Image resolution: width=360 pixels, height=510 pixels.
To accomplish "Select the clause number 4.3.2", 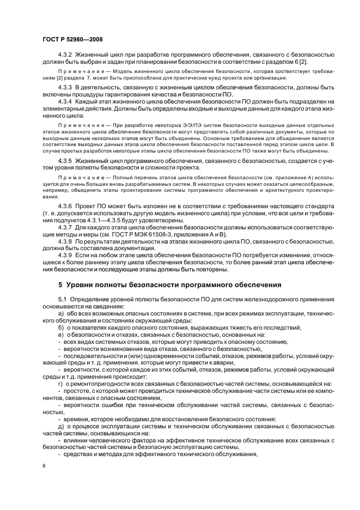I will [x=65, y=56].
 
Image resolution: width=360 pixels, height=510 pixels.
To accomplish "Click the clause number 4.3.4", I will [x=65, y=101].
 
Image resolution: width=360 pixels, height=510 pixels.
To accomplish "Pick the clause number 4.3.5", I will [x=65, y=161].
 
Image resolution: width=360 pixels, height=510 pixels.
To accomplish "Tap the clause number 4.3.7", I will [x=65, y=227].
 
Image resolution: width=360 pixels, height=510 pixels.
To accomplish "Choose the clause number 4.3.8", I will [x=65, y=241].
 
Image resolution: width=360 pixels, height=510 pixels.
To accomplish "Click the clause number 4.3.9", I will [x=65, y=256].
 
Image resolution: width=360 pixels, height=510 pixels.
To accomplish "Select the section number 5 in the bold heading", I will [x=60, y=285].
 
